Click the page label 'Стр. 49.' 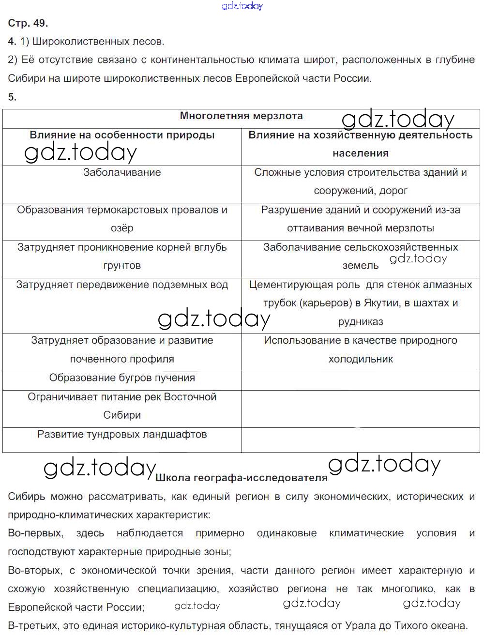pyautogui.click(x=28, y=23)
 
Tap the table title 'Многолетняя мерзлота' pyautogui.click(x=241, y=116)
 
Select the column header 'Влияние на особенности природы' pyautogui.click(x=122, y=135)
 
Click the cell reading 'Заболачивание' pyautogui.click(x=122, y=172)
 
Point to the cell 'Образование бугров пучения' pyautogui.click(x=122, y=378)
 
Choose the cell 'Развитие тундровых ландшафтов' pyautogui.click(x=122, y=434)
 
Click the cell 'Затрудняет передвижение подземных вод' pyautogui.click(x=122, y=285)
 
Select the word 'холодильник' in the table pyautogui.click(x=361, y=359)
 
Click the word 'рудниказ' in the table pyautogui.click(x=361, y=322)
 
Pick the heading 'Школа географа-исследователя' pyautogui.click(x=242, y=478)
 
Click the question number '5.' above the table pyautogui.click(x=13, y=97)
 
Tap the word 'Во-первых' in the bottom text pyautogui.click(x=35, y=533)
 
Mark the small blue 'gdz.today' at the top pyautogui.click(x=242, y=6)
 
